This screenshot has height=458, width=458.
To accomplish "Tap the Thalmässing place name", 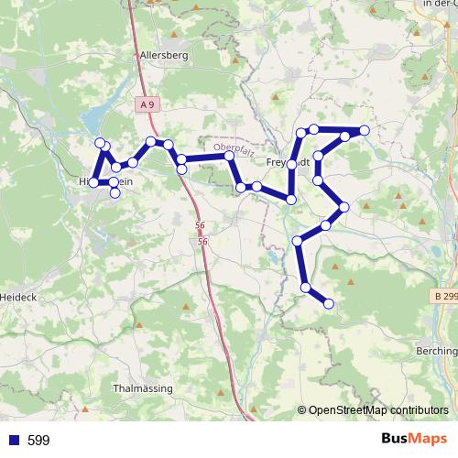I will [x=142, y=388].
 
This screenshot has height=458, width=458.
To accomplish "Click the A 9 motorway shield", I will [x=147, y=105].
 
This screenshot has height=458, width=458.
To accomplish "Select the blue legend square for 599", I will [x=13, y=441].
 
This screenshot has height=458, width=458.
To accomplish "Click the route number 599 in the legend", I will [x=38, y=441].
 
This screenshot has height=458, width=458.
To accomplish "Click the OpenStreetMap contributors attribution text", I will [x=377, y=410].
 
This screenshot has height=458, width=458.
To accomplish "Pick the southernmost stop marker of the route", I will [x=329, y=303].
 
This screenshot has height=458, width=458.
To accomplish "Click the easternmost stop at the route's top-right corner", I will [x=365, y=131].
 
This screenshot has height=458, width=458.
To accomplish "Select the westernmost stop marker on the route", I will [x=93, y=183].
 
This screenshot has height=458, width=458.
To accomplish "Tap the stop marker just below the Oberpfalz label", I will [x=229, y=157].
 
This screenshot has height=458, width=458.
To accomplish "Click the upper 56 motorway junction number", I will [x=200, y=225].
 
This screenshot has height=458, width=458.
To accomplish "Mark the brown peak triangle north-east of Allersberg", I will [x=236, y=60].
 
